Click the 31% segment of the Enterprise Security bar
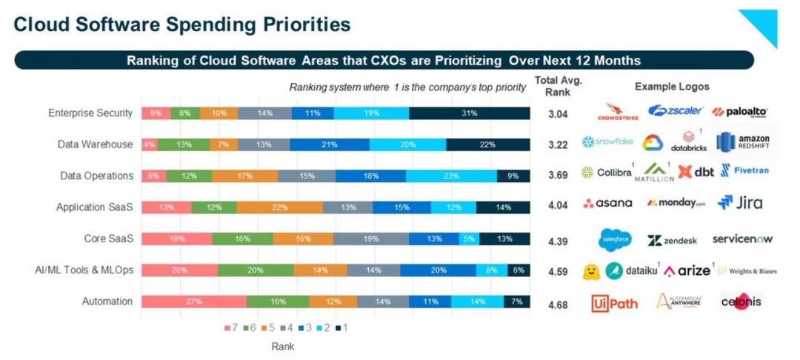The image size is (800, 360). (x=470, y=113)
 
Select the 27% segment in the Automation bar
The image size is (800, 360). (x=193, y=301)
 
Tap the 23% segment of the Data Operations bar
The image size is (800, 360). (x=451, y=176)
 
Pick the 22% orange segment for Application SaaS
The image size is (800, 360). (x=279, y=207)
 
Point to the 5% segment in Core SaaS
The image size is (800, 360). (x=468, y=239)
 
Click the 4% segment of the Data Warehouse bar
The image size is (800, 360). (x=149, y=144)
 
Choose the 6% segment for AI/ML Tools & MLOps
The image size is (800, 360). (x=518, y=270)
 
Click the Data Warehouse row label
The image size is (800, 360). (x=96, y=144)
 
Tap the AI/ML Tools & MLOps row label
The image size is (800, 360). (x=84, y=270)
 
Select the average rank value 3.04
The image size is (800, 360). (x=557, y=114)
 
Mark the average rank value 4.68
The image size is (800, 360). (x=557, y=302)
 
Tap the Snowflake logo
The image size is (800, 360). (x=607, y=141)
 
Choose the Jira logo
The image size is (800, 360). (x=740, y=202)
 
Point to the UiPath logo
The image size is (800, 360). (x=614, y=302)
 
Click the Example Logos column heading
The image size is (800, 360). (x=672, y=87)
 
